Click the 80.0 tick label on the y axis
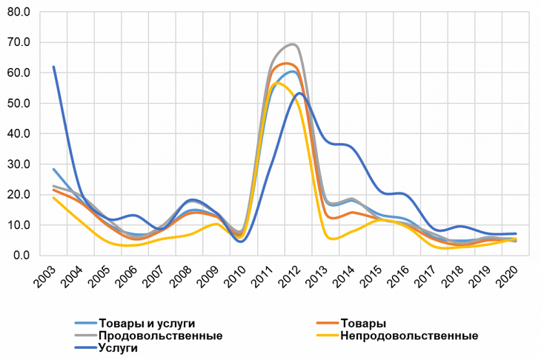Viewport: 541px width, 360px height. click(17, 13)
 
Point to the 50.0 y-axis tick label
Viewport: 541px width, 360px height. click(17, 104)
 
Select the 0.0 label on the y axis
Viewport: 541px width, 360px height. click(20, 256)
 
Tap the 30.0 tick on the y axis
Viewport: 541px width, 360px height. click(17, 164)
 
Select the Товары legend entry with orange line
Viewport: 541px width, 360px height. click(363, 324)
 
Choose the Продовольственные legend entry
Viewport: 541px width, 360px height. click(160, 336)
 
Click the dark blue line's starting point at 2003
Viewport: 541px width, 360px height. click(53, 67)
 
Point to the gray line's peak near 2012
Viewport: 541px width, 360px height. click(293, 44)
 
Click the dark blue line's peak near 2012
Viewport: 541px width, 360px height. click(299, 93)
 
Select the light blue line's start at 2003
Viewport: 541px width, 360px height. click(53, 169)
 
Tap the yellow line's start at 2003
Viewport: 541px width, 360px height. click(53, 197)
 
